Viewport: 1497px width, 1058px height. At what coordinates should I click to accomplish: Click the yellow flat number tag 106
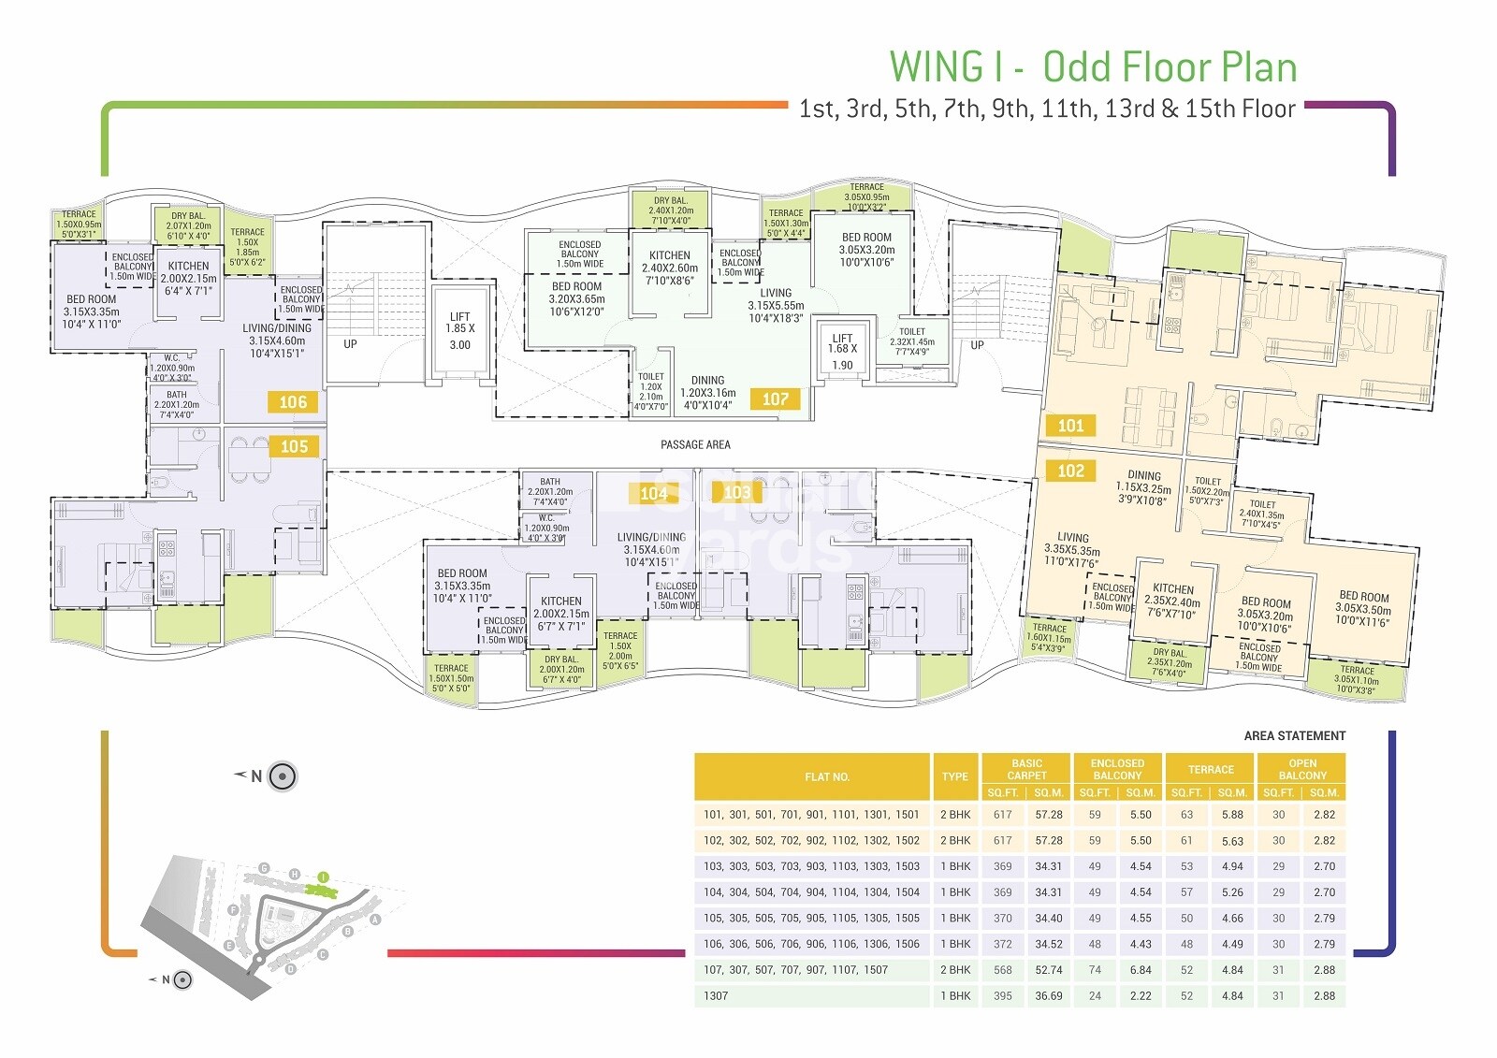pyautogui.click(x=293, y=402)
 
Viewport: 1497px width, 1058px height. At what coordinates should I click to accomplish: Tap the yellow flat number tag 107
pyautogui.click(x=775, y=399)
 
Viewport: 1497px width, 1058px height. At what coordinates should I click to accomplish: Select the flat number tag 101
pyautogui.click(x=1070, y=427)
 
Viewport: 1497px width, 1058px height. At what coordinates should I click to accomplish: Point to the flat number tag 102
pyautogui.click(x=1070, y=471)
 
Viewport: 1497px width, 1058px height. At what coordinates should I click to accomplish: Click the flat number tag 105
pyautogui.click(x=294, y=447)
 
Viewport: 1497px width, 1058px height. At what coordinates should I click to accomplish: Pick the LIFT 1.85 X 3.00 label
pyautogui.click(x=460, y=330)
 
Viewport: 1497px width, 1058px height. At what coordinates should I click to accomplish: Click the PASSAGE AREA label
pyautogui.click(x=695, y=444)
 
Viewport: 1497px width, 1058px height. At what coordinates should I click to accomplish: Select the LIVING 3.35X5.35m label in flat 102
pyautogui.click(x=1072, y=550)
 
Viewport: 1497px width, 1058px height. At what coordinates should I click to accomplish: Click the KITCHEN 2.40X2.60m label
pyautogui.click(x=670, y=268)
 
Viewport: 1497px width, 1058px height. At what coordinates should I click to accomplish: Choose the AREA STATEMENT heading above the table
pyautogui.click(x=1294, y=736)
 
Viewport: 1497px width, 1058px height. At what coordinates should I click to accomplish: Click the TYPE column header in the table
pyautogui.click(x=955, y=776)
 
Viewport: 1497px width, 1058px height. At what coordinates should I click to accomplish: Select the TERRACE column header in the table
pyautogui.click(x=1211, y=770)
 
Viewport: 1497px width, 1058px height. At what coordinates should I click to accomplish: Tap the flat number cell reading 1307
pyautogui.click(x=716, y=996)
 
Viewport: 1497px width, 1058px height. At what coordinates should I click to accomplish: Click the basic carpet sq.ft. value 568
pyautogui.click(x=1002, y=970)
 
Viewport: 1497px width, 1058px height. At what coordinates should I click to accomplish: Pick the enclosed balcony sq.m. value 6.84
pyautogui.click(x=1140, y=970)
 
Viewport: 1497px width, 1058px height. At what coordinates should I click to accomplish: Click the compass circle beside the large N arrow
pyautogui.click(x=283, y=776)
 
